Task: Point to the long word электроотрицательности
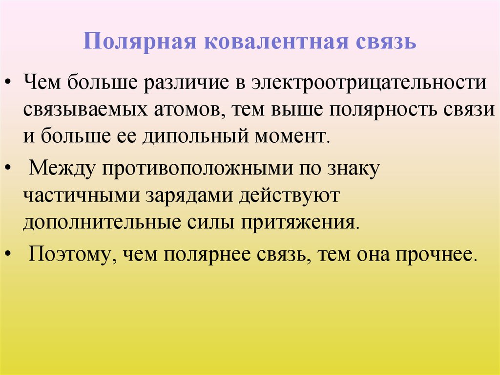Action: pyautogui.click(x=369, y=82)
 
